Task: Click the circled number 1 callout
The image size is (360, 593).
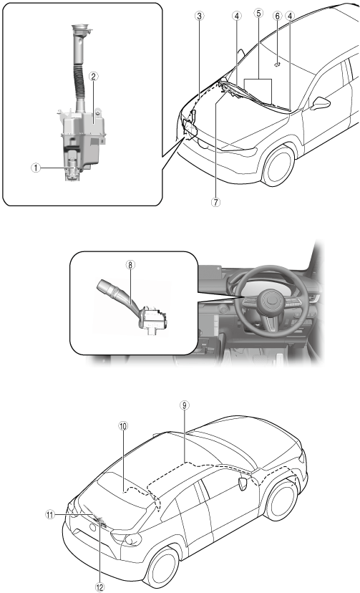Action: pos(36,168)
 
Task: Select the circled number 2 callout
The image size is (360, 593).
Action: pos(93,77)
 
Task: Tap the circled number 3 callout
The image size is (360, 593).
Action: pos(199,16)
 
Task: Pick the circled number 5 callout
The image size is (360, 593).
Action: pos(258,14)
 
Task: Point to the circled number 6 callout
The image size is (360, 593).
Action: pos(278,16)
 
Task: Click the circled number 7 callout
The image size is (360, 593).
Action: pos(215,203)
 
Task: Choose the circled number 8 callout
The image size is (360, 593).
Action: pos(130,265)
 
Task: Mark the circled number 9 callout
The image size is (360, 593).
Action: pos(184,405)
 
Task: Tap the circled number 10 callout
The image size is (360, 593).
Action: pos(123,426)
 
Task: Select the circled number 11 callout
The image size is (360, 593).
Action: pos(50,515)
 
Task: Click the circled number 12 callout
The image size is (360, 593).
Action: pos(99,587)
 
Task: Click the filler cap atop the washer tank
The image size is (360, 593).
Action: pos(81,29)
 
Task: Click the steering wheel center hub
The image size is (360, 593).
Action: pos(273,301)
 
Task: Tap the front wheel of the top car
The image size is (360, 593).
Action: pos(278,165)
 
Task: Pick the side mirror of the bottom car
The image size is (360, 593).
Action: pos(243,484)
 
